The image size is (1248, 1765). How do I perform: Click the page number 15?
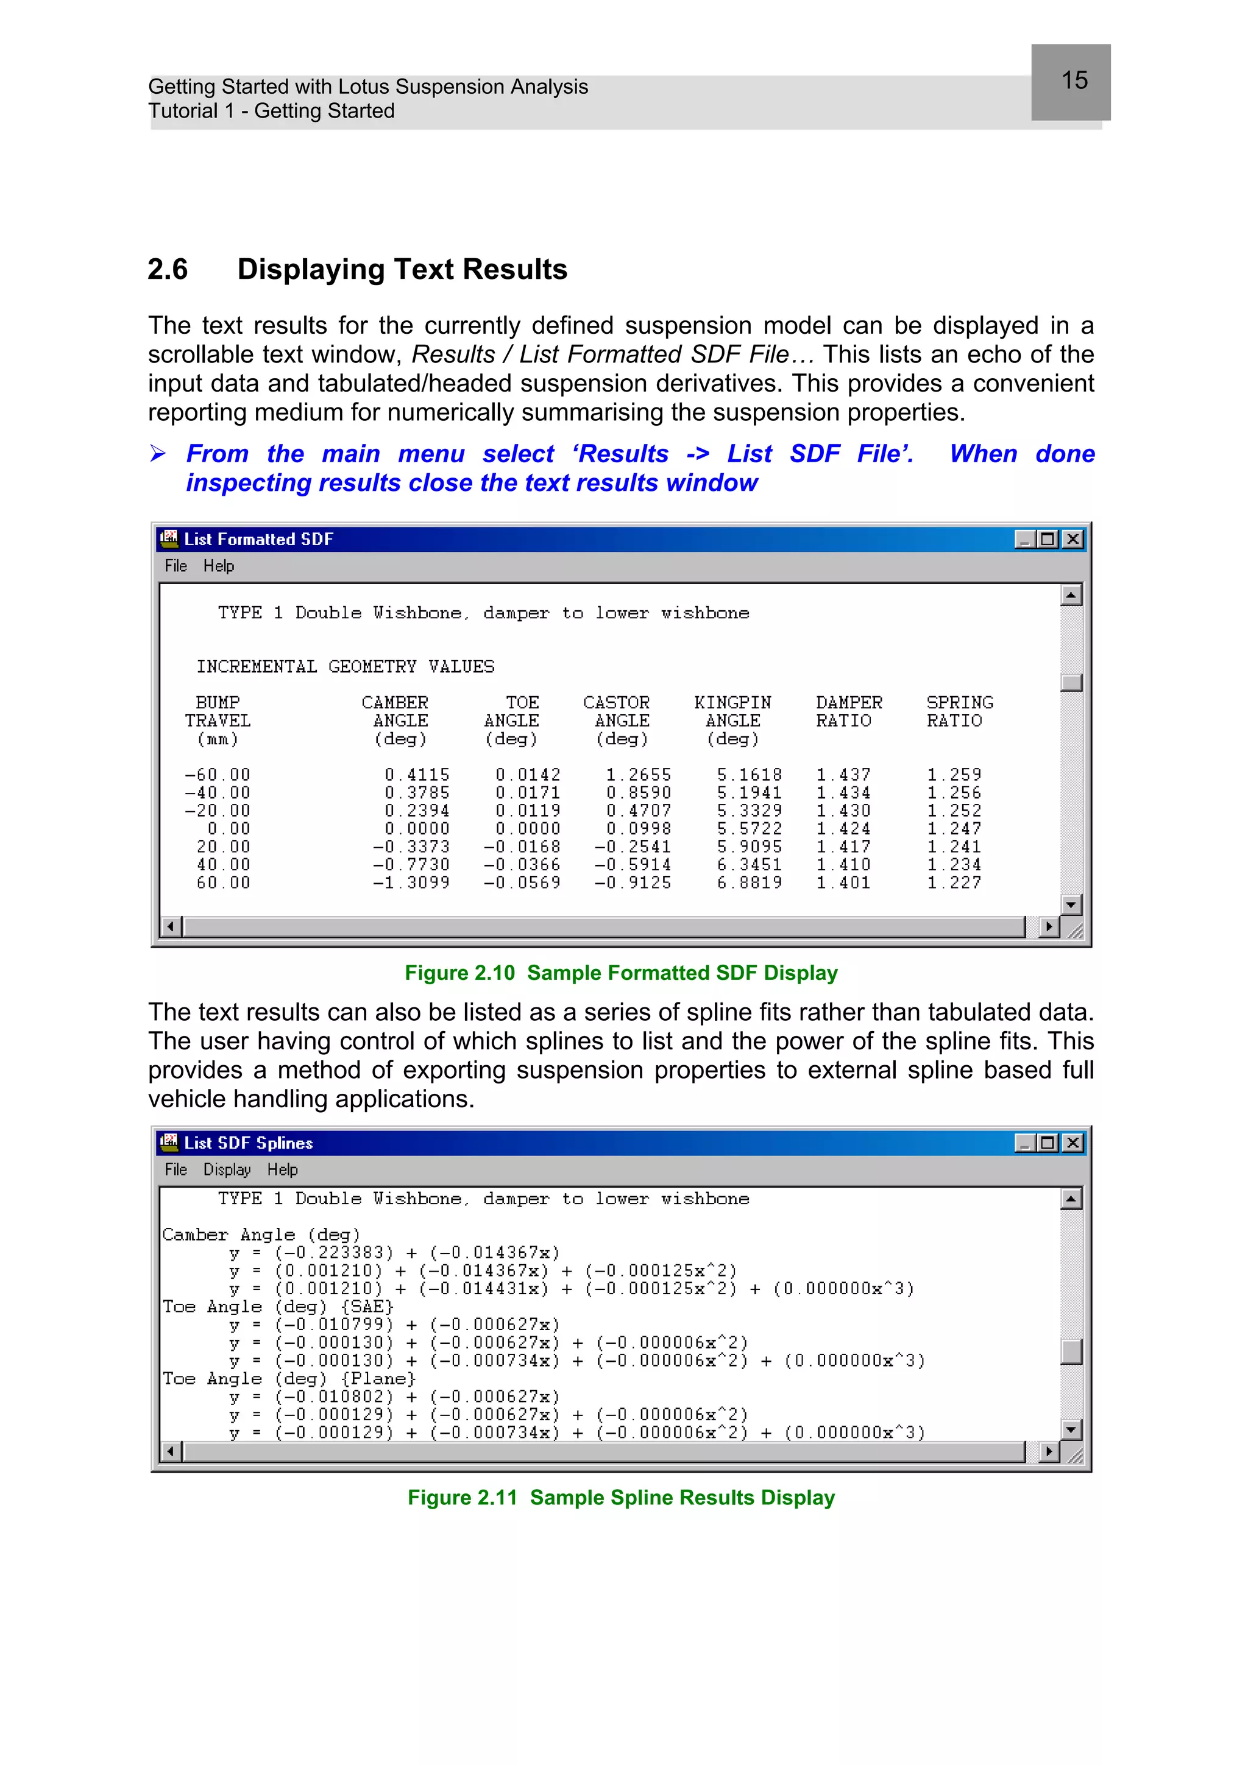click(1074, 81)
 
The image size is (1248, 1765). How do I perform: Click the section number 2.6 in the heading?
click(168, 270)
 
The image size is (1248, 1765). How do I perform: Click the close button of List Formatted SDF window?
click(1072, 539)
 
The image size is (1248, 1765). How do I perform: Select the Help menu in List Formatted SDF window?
click(218, 566)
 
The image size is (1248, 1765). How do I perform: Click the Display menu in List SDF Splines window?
click(227, 1169)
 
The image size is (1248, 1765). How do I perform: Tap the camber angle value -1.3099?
click(411, 882)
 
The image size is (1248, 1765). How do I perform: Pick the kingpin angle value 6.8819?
click(749, 882)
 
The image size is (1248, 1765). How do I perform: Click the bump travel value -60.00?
click(218, 775)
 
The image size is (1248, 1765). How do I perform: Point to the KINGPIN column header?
click(732, 703)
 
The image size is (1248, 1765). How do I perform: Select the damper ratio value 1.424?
click(843, 829)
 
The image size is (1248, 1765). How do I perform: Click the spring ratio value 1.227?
click(954, 882)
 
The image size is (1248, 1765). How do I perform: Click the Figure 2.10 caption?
click(620, 973)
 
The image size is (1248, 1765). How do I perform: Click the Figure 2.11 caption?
click(620, 1498)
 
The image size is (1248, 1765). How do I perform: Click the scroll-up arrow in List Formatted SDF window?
click(1071, 595)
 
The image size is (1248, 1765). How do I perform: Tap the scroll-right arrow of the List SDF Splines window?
click(1048, 1452)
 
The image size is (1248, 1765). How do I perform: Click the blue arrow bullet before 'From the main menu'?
click(158, 454)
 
